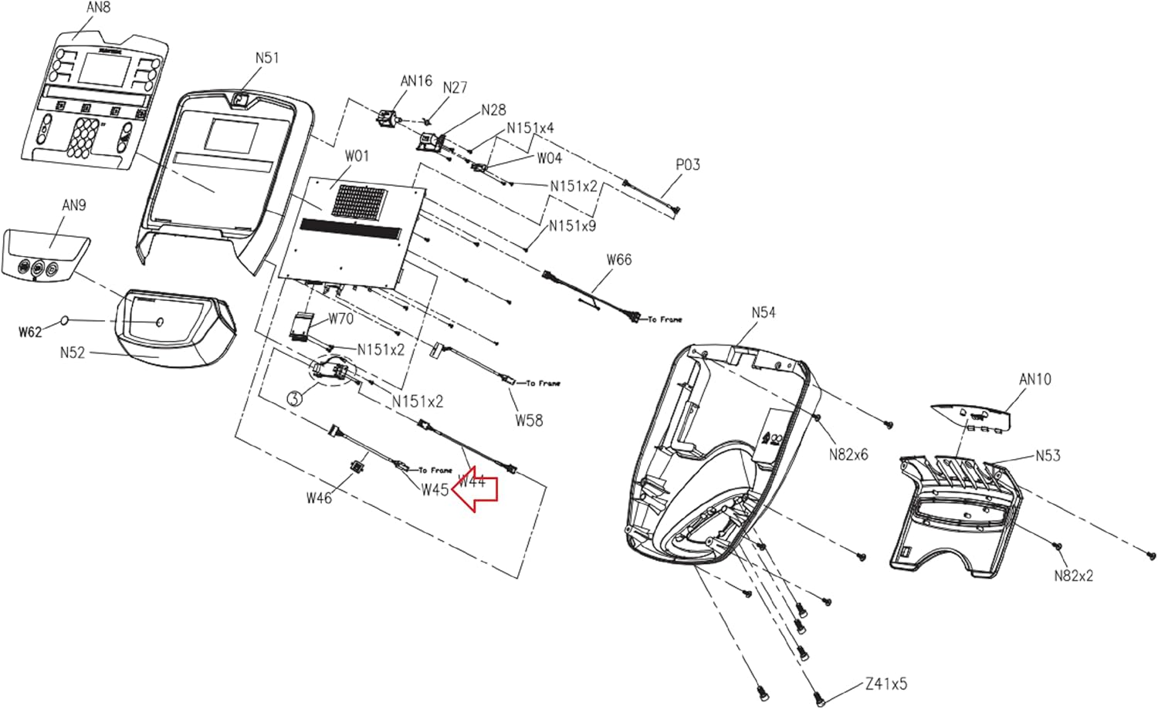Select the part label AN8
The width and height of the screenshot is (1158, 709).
(98, 8)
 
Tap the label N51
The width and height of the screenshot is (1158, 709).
(267, 58)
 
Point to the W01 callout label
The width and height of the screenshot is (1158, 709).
(357, 157)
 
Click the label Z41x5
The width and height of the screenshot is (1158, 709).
(885, 684)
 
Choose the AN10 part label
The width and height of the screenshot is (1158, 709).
(1034, 380)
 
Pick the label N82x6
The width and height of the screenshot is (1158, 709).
(848, 454)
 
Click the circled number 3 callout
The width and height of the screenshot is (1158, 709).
(294, 399)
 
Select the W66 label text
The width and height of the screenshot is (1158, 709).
(619, 259)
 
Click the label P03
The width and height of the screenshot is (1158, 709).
(687, 164)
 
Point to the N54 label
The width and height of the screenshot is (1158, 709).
(764, 312)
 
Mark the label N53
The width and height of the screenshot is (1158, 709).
(1048, 455)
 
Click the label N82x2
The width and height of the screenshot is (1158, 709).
(1074, 576)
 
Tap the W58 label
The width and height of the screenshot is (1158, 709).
(529, 420)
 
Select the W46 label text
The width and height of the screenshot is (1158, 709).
(319, 498)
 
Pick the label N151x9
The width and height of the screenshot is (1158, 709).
(572, 226)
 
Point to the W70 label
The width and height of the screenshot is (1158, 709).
(340, 319)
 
